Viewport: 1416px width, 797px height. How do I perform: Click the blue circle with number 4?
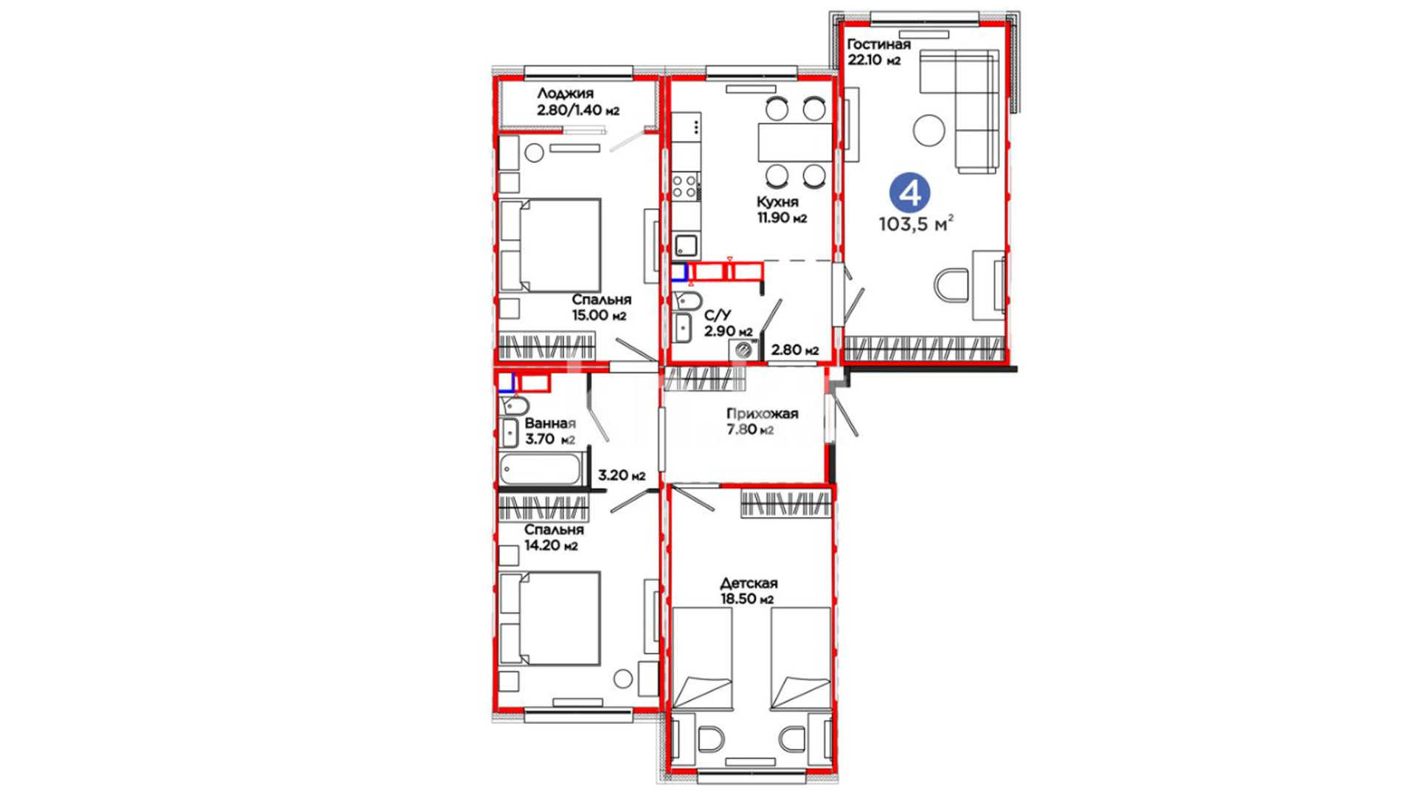909,193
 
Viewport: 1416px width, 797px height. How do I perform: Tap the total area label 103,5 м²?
917,224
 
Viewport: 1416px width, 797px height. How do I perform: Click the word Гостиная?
878,44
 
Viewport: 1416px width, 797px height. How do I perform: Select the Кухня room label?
777,202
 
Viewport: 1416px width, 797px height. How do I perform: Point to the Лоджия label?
565,94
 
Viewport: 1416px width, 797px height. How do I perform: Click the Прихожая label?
762,413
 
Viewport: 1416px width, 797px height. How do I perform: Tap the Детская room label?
749,583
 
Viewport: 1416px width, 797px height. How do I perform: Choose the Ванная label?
549,424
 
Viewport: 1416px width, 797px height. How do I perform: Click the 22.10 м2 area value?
874,61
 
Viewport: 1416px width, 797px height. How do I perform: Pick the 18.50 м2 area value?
747,599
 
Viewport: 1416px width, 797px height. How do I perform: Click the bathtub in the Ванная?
541,469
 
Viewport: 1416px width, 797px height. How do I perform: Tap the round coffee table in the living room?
929,131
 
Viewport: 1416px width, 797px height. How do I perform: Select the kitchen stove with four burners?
685,185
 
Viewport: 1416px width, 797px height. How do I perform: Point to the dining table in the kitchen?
795,142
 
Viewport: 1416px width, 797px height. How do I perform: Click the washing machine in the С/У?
743,351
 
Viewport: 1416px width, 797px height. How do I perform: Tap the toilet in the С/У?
687,300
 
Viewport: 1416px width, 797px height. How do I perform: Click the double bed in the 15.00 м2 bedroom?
550,245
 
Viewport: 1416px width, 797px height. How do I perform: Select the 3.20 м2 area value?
622,475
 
